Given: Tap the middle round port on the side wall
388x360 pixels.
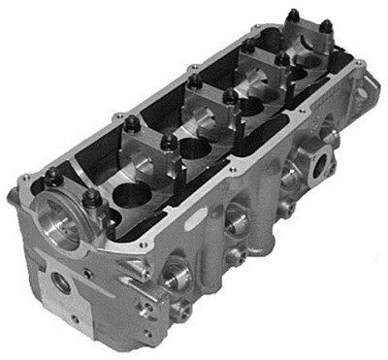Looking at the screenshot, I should pyautogui.click(x=237, y=221).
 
